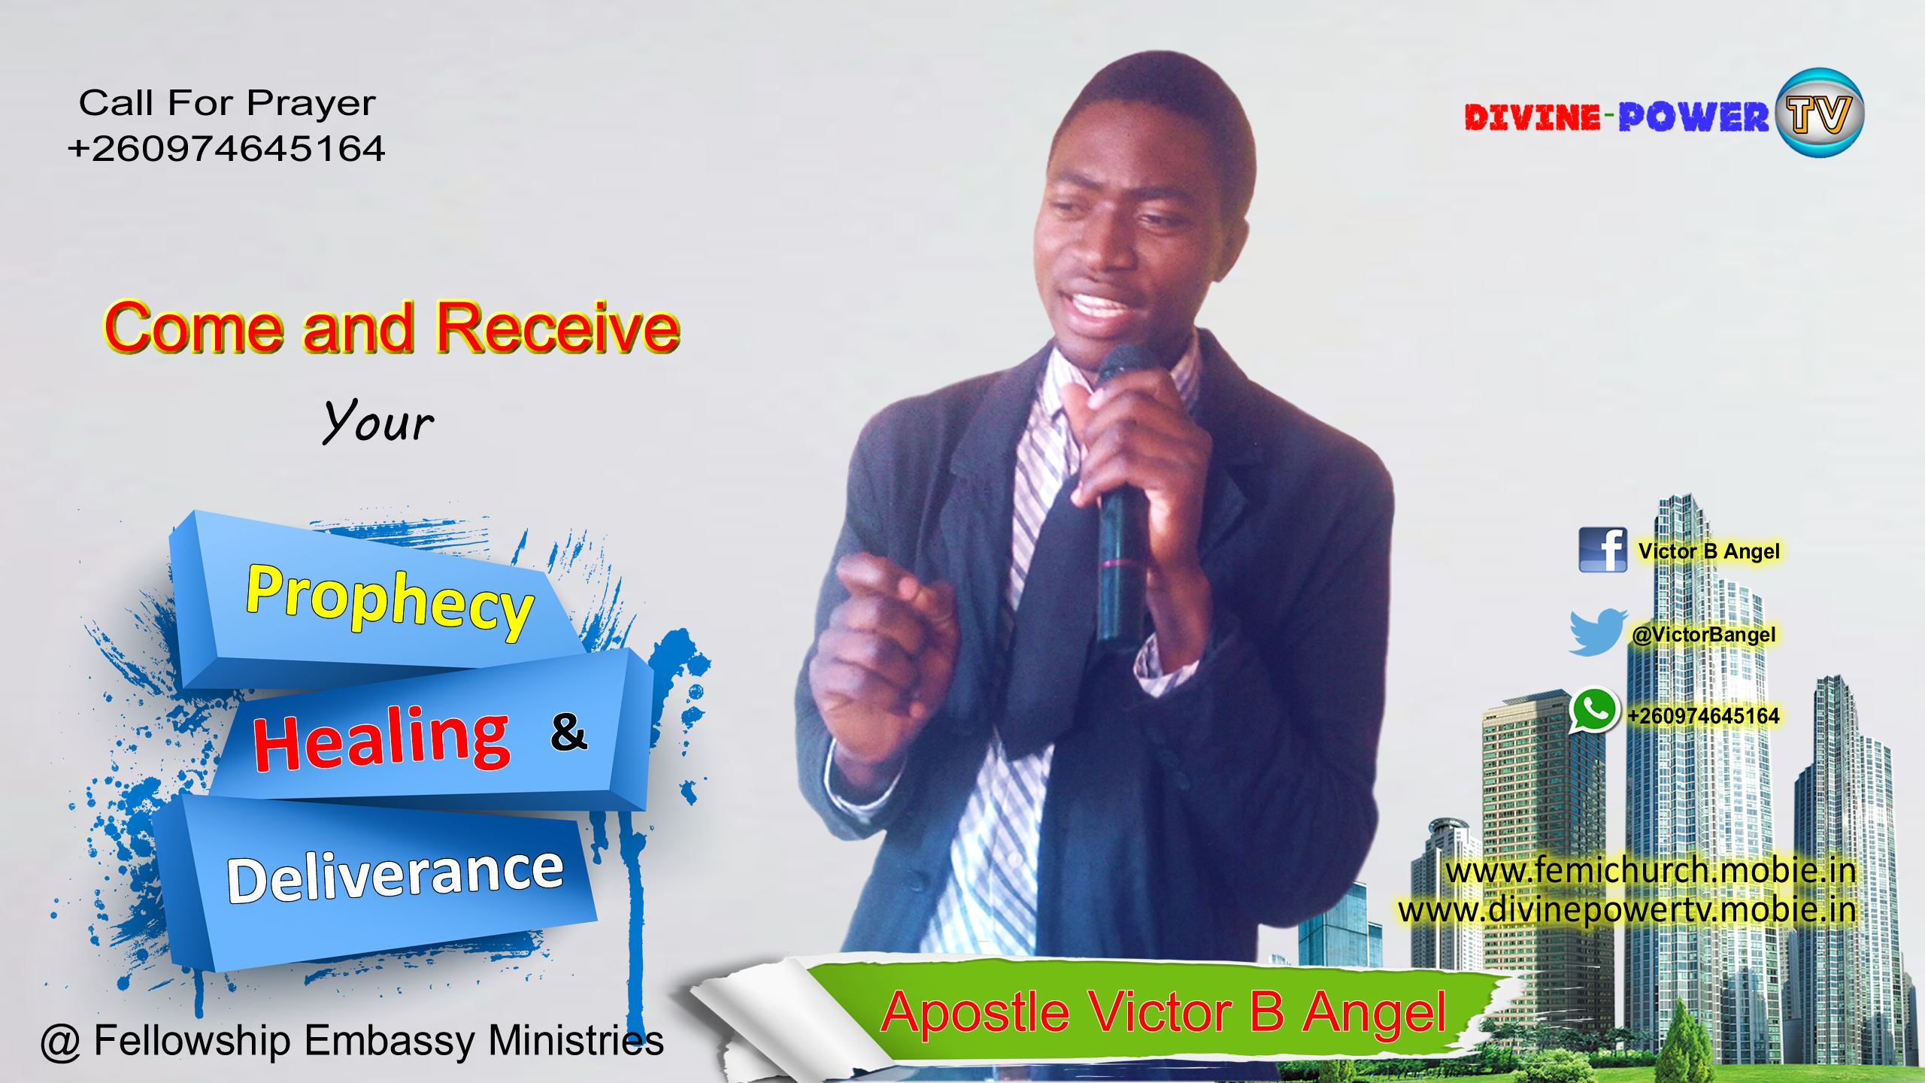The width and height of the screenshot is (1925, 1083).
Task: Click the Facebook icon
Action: (x=1602, y=550)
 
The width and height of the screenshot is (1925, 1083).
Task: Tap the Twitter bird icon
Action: (x=1597, y=633)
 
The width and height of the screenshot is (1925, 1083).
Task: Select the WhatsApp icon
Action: (x=1593, y=711)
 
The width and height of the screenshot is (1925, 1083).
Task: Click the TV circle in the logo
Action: (x=1819, y=114)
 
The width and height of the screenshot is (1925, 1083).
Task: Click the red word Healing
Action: (x=382, y=739)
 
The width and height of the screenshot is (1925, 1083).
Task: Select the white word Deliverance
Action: (x=396, y=876)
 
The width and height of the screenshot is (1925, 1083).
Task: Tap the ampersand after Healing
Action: (x=568, y=732)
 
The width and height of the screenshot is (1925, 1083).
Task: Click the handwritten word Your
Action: (x=378, y=421)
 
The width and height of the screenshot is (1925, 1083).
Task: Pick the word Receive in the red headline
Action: (x=558, y=327)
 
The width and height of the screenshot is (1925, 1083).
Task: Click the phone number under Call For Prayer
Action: (x=226, y=148)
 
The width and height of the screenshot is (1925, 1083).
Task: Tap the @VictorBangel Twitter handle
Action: (x=1703, y=635)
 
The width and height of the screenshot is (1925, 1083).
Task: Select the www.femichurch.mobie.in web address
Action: (x=1651, y=871)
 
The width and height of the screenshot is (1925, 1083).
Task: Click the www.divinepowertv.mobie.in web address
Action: (x=1626, y=910)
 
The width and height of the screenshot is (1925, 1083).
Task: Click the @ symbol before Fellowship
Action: (x=60, y=1042)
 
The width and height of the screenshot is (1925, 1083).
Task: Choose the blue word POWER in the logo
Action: (x=1693, y=117)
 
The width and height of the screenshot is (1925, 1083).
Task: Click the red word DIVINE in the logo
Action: (x=1532, y=117)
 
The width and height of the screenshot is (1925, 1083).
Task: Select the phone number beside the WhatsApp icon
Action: (x=1703, y=715)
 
